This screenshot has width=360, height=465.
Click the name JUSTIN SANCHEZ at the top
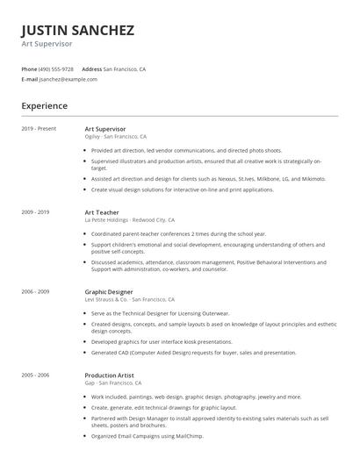[77, 31]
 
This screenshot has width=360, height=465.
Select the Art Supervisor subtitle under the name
[47, 44]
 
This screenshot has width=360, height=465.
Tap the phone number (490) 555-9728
[57, 68]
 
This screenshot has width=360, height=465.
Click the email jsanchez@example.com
[68, 79]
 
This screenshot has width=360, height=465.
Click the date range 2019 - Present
[38, 129]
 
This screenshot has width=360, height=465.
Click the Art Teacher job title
[102, 212]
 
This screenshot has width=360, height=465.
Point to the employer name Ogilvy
[92, 137]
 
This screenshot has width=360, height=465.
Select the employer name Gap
[89, 383]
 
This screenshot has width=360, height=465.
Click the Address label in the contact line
[91, 68]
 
